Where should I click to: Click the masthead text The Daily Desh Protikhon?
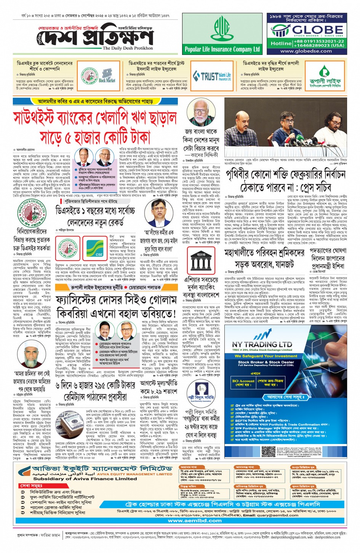tap(128, 48)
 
